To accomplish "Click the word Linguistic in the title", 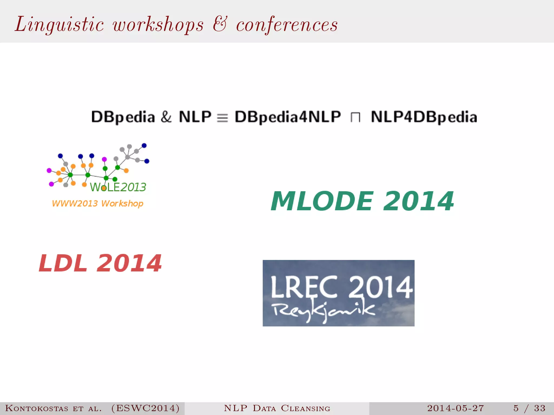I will (x=59, y=24).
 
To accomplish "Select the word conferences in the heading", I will (x=287, y=24).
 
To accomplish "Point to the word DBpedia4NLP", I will (x=288, y=117).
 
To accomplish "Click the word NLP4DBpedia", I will (x=424, y=117).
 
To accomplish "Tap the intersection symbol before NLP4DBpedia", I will (x=355, y=118).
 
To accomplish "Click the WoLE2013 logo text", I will (x=118, y=187).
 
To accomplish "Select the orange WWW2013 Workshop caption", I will (x=97, y=203).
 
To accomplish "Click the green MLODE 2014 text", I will (x=362, y=201).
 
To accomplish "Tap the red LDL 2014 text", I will (x=100, y=263).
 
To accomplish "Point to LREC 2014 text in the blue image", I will (x=341, y=287).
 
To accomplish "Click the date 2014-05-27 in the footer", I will (x=455, y=408).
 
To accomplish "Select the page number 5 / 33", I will (x=529, y=408).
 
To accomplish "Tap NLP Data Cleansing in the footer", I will (x=277, y=408).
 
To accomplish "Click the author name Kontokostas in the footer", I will (x=37, y=408).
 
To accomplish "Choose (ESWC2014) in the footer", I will (x=145, y=408).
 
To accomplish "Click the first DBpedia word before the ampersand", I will (x=123, y=117).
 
